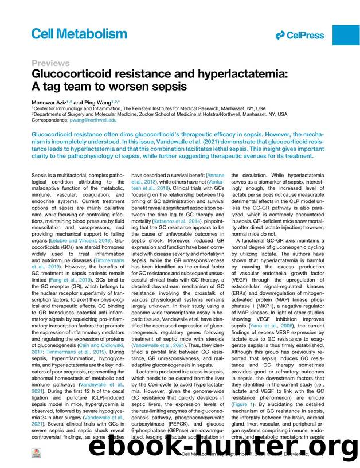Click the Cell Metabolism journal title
[x=79, y=34]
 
